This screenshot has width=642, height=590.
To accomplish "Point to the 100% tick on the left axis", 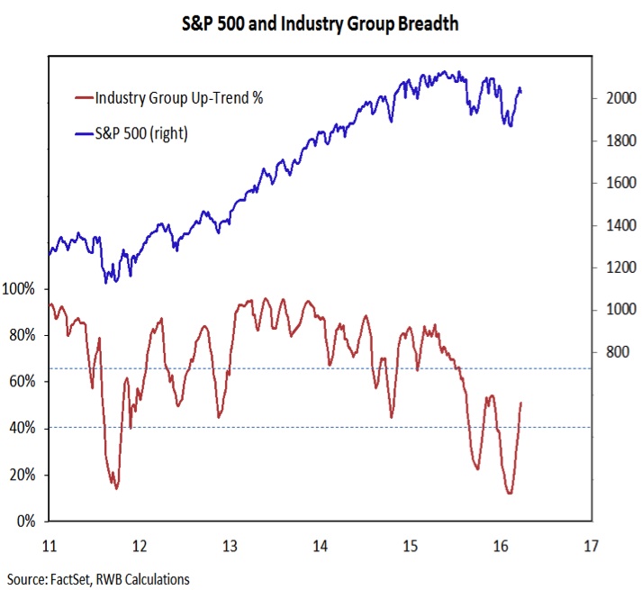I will [19, 289].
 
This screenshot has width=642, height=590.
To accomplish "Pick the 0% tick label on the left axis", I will [25, 522].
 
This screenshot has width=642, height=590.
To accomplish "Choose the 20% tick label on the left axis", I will [22, 475].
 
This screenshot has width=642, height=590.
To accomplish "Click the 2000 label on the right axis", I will [618, 98].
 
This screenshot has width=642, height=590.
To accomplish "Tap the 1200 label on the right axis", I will [618, 268].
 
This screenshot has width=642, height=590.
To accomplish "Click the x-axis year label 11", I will [50, 546].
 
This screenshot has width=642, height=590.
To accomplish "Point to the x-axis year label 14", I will [320, 546].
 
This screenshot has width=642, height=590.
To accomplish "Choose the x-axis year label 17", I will [591, 546].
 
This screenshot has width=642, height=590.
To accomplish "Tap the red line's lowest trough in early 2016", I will [510, 494].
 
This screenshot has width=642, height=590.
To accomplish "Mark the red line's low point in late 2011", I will [116, 488].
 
